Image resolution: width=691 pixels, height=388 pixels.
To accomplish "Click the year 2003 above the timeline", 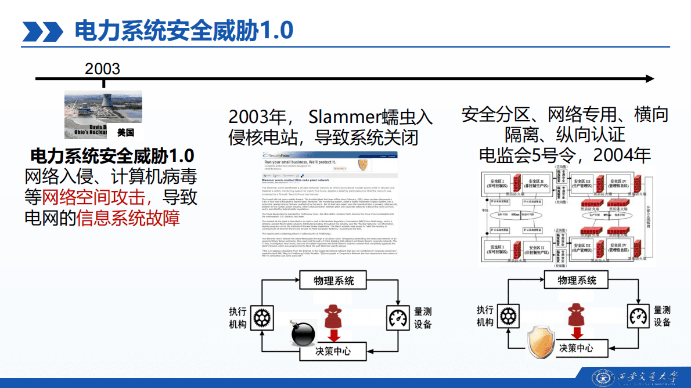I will [102, 68].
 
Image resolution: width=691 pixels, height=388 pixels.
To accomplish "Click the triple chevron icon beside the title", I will [42, 31].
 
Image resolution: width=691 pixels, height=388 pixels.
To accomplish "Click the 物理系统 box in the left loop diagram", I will [334, 281].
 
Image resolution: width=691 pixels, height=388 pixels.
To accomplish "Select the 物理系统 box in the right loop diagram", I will [577, 280].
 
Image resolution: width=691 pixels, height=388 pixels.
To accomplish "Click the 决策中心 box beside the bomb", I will [333, 351].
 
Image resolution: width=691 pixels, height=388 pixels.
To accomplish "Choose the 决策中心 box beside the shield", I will [576, 348].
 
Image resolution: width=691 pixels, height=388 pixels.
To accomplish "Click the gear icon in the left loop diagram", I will [263, 317].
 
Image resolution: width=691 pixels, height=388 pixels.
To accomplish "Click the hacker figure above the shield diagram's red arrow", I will [576, 313].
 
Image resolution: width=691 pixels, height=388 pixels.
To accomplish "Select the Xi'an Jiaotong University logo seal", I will [601, 378].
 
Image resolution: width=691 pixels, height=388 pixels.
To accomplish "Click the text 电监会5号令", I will [528, 155].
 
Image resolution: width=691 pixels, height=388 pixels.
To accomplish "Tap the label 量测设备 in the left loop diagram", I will [423, 318].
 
